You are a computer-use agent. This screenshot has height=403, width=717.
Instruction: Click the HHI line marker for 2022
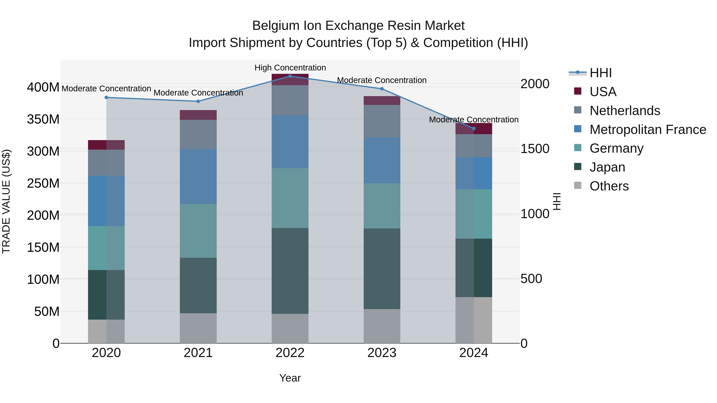tap(290, 76)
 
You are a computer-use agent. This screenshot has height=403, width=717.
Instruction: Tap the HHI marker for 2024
tap(474, 129)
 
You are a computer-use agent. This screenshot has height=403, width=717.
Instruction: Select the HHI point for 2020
tap(106, 97)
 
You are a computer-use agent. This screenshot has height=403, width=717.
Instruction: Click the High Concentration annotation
tap(290, 68)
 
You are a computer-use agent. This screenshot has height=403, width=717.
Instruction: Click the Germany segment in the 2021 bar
tap(198, 231)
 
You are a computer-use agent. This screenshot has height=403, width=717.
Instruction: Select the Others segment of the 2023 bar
tap(382, 326)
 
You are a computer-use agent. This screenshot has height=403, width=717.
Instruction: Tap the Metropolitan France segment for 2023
tap(382, 160)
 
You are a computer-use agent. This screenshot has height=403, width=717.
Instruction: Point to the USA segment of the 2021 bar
tap(198, 115)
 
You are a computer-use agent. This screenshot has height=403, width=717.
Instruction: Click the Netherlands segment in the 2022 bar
tap(290, 100)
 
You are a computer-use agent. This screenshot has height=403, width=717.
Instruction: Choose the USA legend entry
tap(603, 92)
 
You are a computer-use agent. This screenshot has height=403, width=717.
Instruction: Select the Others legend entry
tap(609, 186)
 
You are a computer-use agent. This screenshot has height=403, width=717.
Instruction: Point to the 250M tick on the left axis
tap(43, 183)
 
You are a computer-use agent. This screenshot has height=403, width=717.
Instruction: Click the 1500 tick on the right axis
tap(535, 149)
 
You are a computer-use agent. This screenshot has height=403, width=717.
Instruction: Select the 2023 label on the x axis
tap(382, 353)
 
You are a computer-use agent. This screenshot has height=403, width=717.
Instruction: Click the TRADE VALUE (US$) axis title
tap(6, 201)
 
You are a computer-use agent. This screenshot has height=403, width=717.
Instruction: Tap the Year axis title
tap(290, 378)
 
